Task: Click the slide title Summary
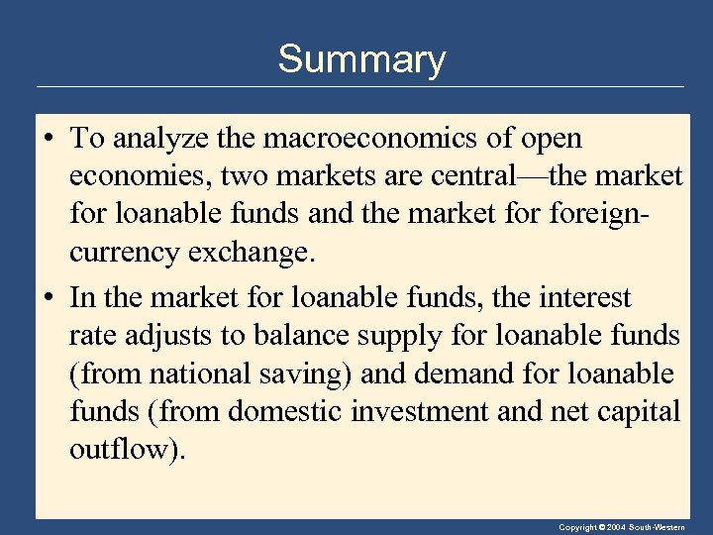(x=361, y=59)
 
